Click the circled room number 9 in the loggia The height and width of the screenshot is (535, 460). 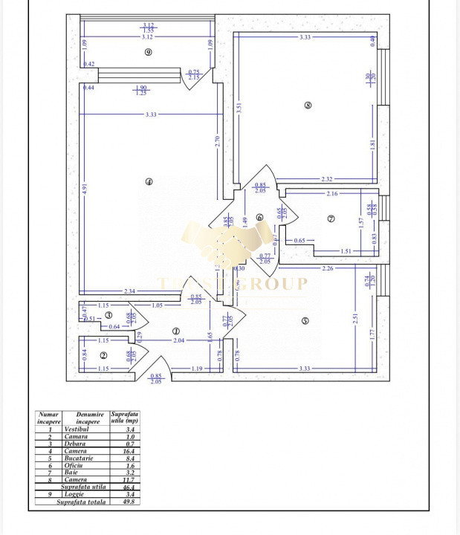tap(149, 52)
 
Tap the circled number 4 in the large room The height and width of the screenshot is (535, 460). tap(149, 181)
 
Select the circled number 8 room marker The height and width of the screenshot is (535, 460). tap(308, 105)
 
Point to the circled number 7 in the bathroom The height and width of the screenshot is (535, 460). tap(331, 218)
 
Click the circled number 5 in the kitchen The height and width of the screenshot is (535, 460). tap(305, 320)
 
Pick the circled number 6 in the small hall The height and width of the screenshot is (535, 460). tap(259, 217)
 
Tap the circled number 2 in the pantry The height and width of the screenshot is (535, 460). tap(104, 355)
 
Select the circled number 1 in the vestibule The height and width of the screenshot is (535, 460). tap(175, 331)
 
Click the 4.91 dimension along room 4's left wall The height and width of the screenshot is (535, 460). tap(86, 189)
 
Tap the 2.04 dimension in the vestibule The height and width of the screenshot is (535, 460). tap(179, 340)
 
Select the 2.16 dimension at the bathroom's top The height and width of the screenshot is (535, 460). tap(332, 193)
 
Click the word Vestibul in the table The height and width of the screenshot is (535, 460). tap(77, 429)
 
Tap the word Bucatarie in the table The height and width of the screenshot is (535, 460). tap(78, 458)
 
